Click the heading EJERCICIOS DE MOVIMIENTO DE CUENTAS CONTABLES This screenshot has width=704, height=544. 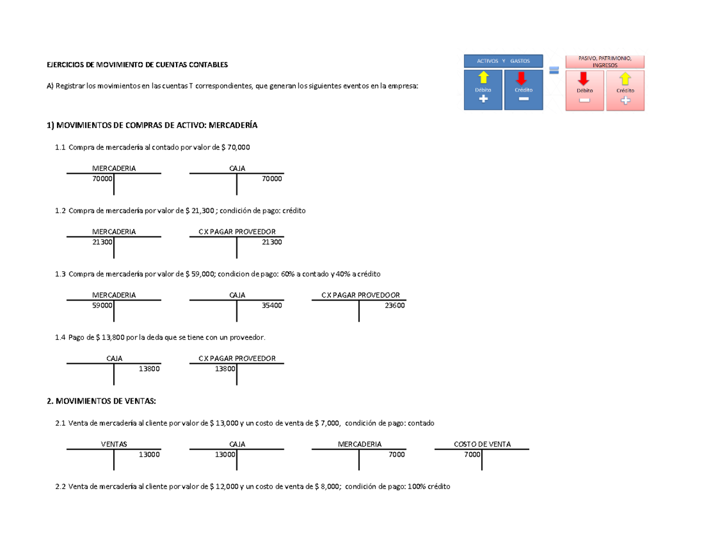click(137, 65)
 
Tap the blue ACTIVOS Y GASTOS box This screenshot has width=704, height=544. click(503, 61)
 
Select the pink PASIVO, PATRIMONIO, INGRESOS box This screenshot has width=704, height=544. click(605, 62)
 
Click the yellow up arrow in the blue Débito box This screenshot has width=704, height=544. click(483, 77)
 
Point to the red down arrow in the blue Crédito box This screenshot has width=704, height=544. click(522, 78)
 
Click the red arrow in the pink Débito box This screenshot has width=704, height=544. click(583, 79)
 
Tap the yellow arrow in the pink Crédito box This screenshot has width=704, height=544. click(625, 79)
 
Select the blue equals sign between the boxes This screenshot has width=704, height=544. click(554, 70)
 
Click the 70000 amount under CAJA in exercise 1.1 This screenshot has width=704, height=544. click(272, 178)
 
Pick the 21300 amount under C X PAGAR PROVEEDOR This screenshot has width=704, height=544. click(272, 242)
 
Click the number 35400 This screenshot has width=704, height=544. click(272, 305)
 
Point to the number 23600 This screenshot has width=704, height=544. click(395, 305)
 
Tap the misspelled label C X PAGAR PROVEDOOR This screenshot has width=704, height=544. click(361, 295)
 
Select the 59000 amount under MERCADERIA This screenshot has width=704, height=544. click(103, 305)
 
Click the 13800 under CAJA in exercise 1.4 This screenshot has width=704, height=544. click(150, 369)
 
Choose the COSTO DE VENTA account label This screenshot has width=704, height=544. click(482, 444)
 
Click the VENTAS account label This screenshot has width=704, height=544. click(114, 444)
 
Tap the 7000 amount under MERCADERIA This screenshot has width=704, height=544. click(397, 455)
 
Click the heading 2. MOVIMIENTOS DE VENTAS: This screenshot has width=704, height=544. click(101, 401)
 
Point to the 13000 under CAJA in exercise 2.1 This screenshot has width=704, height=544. click(225, 455)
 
